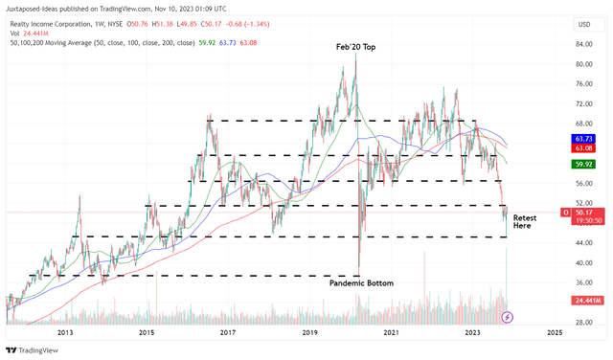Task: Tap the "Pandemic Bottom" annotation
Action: (361, 283)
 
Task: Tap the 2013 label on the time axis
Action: (65, 332)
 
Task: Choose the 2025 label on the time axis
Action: (554, 332)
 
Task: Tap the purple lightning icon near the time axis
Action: (508, 317)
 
